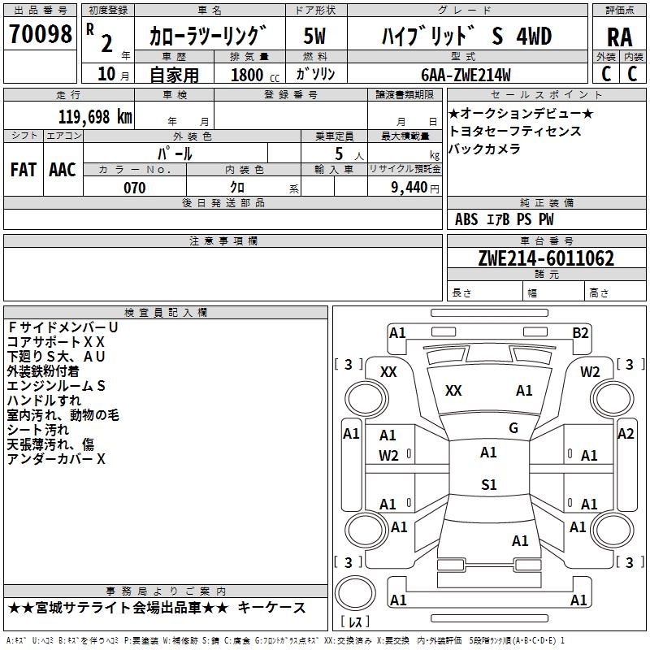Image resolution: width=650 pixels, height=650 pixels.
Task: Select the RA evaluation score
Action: (619, 37)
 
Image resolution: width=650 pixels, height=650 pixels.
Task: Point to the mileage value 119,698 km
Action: (95, 116)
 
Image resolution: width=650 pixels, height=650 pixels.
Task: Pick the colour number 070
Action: (134, 188)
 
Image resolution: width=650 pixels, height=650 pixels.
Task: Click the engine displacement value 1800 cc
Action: (249, 75)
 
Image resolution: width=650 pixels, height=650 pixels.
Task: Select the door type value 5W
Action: (315, 37)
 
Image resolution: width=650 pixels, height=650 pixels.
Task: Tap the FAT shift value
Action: (23, 170)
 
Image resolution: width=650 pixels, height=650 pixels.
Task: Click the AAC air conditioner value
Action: (63, 170)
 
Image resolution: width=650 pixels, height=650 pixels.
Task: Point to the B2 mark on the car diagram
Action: (580, 332)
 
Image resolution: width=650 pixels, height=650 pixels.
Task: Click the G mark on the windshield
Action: (513, 428)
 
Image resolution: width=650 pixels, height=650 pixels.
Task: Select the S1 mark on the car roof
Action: (488, 485)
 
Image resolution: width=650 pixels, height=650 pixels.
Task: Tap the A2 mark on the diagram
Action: (625, 434)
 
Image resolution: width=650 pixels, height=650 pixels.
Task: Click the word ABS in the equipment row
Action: (466, 219)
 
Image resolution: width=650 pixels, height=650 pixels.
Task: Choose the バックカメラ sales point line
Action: (484, 149)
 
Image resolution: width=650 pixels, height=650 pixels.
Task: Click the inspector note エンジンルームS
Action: (56, 386)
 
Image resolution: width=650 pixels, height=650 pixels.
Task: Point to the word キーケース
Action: (276, 608)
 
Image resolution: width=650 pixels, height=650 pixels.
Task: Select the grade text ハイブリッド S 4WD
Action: (466, 37)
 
